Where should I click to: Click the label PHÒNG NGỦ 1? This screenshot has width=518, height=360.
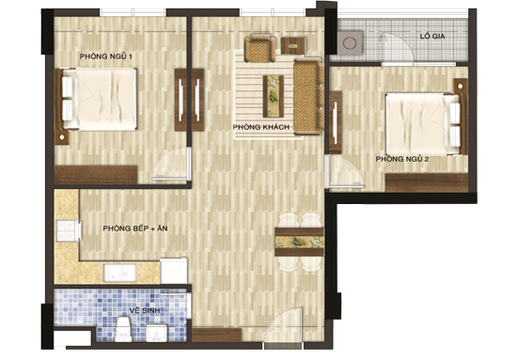[105, 56]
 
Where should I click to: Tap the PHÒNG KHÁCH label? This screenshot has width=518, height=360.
[261, 127]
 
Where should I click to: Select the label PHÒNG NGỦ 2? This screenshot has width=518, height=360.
[402, 159]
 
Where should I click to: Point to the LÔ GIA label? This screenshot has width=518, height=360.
[432, 37]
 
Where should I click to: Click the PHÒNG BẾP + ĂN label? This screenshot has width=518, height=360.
[135, 228]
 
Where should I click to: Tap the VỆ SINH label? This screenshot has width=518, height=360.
[145, 310]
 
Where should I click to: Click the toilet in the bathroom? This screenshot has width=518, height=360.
[123, 329]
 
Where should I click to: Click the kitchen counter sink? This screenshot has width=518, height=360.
[120, 273]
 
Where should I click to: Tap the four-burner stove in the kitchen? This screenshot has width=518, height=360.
[68, 231]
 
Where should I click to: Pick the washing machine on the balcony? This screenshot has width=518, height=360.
[350, 43]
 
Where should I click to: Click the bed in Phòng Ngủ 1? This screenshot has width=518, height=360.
[99, 99]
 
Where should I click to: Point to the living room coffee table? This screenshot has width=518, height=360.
[274, 97]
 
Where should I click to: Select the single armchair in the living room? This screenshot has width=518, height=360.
[259, 49]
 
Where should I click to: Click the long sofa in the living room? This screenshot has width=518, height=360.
[308, 97]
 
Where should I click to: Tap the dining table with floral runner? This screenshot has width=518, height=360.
[299, 243]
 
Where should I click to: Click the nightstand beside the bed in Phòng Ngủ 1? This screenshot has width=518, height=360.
[61, 137]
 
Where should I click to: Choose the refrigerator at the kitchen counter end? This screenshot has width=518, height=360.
[174, 271]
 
